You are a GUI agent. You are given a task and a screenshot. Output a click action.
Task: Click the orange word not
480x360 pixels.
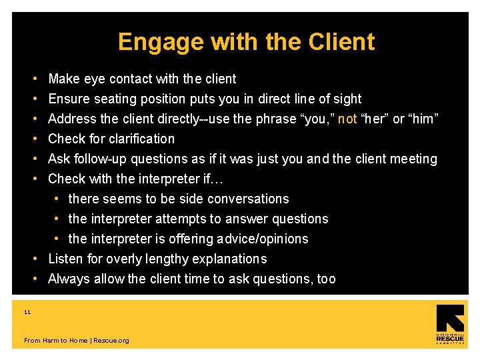(x=347, y=119)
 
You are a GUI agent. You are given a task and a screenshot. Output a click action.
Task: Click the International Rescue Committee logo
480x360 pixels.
(x=450, y=325)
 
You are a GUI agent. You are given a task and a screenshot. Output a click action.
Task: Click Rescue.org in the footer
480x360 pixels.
(x=111, y=341)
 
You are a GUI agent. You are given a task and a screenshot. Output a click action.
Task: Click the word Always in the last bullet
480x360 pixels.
(x=69, y=279)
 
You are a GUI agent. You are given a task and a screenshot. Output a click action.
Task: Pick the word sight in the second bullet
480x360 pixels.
(x=347, y=99)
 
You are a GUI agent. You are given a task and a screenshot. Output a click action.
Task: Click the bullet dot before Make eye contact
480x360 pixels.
(x=34, y=79)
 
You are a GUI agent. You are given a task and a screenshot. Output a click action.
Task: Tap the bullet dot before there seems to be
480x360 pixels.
(x=58, y=199)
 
